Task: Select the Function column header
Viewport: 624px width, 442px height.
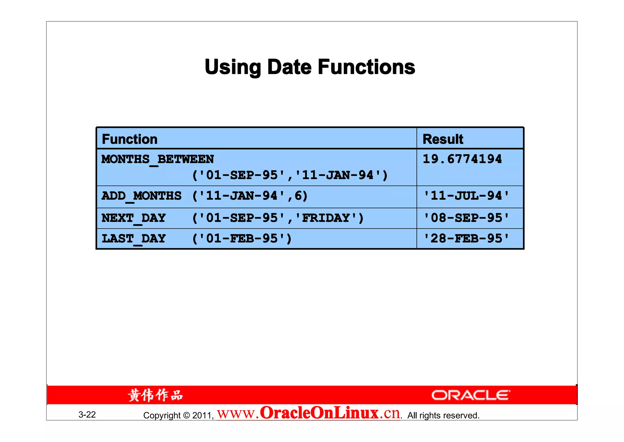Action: (129, 139)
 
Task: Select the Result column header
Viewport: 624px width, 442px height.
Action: (443, 139)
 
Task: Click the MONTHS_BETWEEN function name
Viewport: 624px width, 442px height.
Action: (158, 159)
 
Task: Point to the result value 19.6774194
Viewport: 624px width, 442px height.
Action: (462, 159)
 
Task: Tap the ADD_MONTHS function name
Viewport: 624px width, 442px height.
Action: (141, 196)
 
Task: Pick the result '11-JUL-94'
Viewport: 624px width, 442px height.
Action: (466, 196)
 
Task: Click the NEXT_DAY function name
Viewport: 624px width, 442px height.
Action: (133, 218)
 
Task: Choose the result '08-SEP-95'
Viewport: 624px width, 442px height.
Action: (466, 218)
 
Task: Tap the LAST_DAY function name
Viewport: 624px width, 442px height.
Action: (133, 238)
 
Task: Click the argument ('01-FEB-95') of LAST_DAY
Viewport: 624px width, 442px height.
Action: (242, 238)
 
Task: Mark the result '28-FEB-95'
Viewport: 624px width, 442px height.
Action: (466, 238)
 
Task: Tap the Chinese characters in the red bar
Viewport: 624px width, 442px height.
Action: (155, 395)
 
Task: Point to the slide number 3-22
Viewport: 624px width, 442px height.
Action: (87, 415)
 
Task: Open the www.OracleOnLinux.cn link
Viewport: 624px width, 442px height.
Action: (308, 413)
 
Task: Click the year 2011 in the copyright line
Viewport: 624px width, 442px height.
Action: (202, 415)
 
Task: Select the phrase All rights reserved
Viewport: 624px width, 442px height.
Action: (443, 415)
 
